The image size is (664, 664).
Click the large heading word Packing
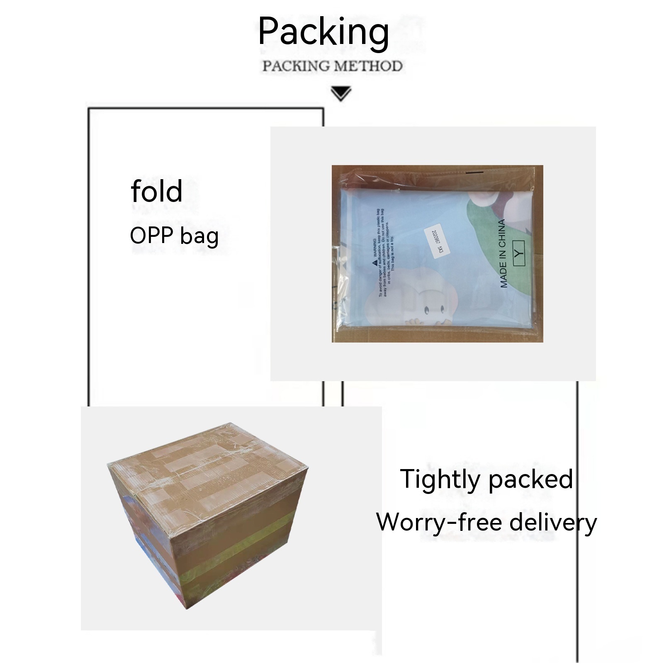(x=323, y=32)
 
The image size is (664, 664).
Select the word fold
(x=156, y=191)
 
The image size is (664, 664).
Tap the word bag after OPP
(x=199, y=237)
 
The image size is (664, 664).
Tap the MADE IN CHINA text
(x=503, y=253)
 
